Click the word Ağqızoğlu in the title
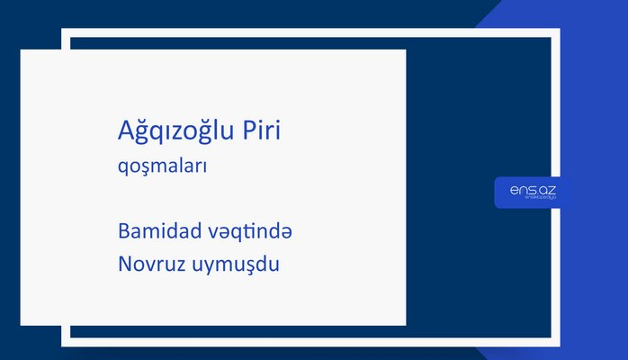click(176, 130)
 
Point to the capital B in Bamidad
click(123, 231)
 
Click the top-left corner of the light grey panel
click(22, 50)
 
